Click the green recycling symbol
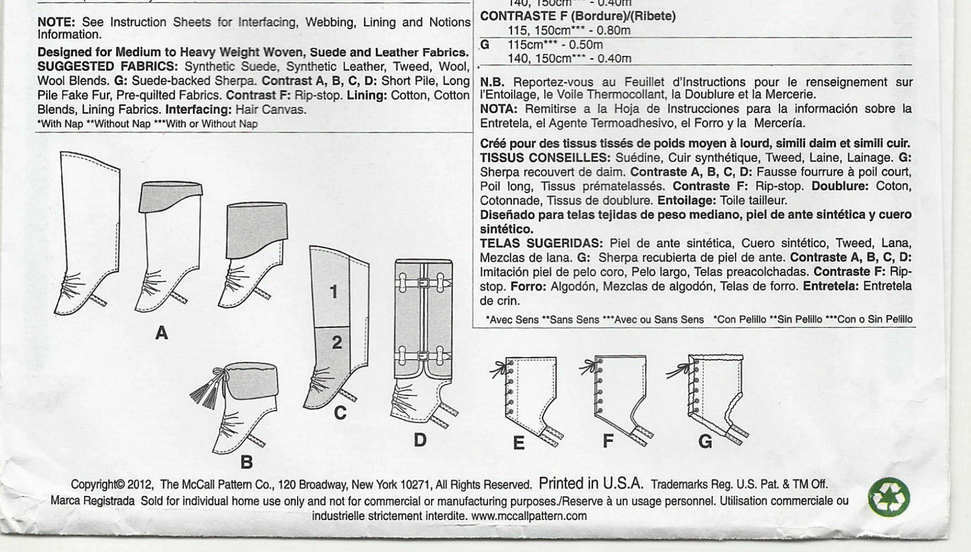889,498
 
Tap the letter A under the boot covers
161,333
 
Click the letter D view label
420,440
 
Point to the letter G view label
705,441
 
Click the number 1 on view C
334,292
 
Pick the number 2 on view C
337,342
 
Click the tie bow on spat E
498,370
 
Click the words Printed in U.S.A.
591,483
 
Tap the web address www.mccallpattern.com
529,516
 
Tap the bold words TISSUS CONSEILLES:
545,158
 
